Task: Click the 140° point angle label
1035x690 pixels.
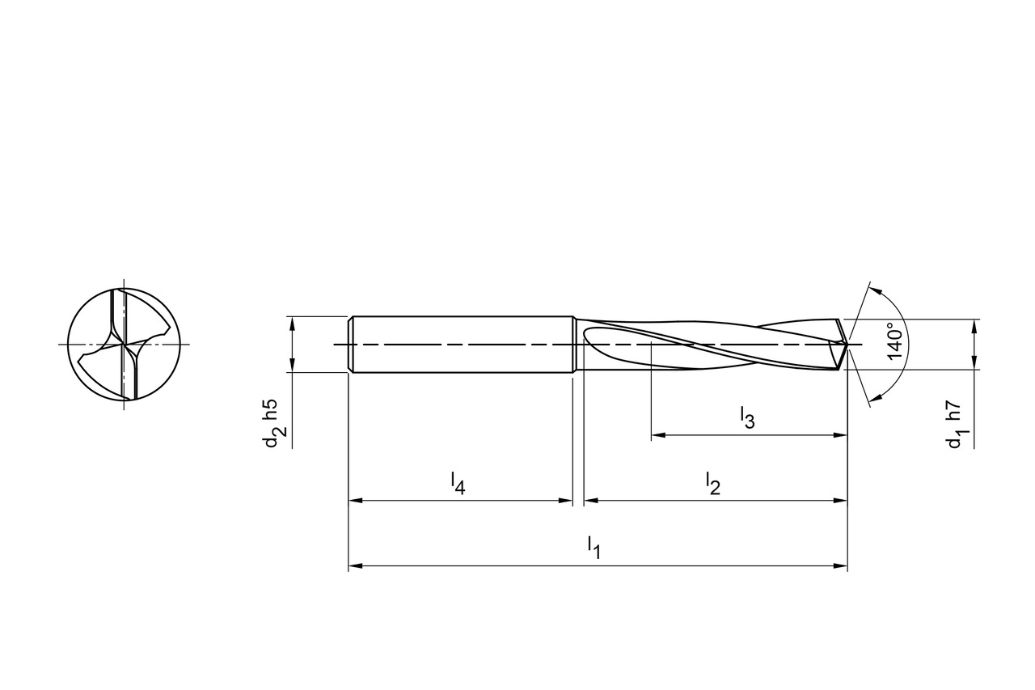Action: coord(893,341)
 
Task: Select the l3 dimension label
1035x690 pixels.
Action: coord(747,418)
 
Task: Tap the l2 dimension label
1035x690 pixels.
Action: coord(712,484)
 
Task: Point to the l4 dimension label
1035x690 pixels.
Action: coord(458,483)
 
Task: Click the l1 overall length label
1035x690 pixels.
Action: coord(594,547)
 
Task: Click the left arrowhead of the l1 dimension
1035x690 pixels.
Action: coord(354,566)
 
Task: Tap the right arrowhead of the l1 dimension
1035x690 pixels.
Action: coord(841,566)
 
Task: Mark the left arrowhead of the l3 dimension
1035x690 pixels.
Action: coord(657,435)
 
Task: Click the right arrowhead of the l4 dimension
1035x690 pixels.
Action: coord(567,501)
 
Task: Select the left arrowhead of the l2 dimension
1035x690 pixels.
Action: coord(590,501)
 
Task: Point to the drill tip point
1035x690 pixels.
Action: coord(847,345)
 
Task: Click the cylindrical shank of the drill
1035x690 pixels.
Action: coord(461,344)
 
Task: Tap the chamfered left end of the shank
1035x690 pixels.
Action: coord(351,344)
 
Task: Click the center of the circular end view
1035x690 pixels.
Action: coord(124,345)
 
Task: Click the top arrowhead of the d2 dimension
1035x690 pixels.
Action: coord(292,322)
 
